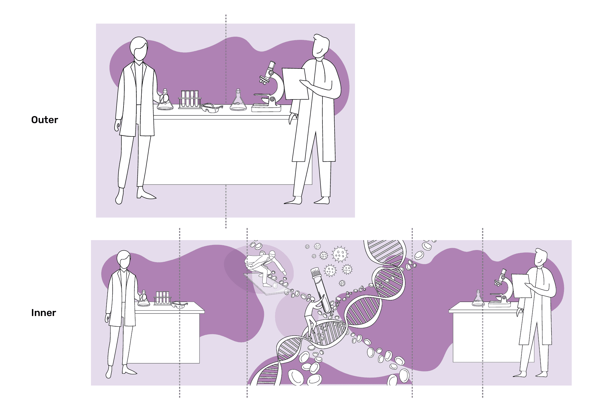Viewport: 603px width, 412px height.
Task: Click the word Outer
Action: coord(45,120)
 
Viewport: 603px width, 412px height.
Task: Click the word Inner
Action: coord(43,313)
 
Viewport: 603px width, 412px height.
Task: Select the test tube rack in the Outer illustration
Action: coord(190,99)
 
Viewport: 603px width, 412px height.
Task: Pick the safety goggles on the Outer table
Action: coord(212,108)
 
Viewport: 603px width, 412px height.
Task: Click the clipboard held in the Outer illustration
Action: coord(295,84)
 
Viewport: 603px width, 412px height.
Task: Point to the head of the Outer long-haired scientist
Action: coord(139,48)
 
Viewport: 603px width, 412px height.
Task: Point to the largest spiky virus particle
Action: coord(340,254)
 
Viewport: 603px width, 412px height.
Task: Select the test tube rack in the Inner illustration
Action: coord(162,298)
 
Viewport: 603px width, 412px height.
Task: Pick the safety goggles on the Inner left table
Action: coord(179,305)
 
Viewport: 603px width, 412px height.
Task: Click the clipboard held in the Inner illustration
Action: coord(521,286)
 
